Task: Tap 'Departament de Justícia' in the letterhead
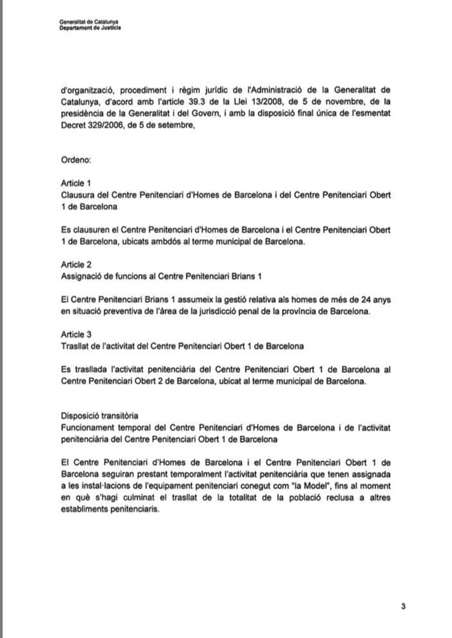point(90,28)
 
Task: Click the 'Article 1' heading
point(76,183)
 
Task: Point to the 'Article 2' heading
point(76,265)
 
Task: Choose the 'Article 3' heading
point(76,334)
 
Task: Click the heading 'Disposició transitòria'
point(99,416)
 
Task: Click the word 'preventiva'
point(120,312)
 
